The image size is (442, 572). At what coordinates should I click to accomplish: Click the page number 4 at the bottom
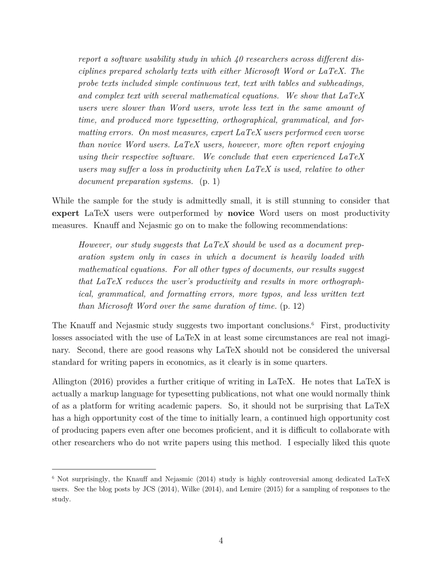pos(221,540)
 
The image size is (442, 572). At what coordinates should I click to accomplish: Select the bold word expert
pos(65,213)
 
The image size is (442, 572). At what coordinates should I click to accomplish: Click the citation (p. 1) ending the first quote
pos(209,181)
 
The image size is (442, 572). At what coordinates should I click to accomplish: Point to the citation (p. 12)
pos(292,306)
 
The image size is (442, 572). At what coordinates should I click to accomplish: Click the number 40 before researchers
pos(239,59)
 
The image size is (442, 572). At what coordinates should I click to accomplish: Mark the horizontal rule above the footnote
pos(104,469)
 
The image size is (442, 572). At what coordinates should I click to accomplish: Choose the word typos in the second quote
pos(295,294)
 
